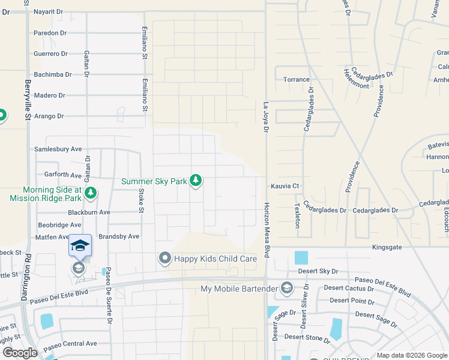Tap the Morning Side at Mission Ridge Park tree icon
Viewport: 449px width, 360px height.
click(90, 193)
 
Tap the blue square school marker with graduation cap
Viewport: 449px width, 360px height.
click(80, 245)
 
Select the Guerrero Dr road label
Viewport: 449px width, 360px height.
click(51, 53)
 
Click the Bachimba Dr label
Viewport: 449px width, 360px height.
click(53, 74)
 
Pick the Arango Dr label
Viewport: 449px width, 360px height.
click(49, 116)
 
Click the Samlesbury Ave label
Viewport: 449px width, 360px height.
click(59, 149)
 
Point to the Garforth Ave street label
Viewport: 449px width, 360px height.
click(59, 175)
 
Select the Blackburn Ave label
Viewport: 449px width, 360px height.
click(89, 212)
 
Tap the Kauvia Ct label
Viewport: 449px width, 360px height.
click(285, 186)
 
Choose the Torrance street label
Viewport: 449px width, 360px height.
click(297, 80)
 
